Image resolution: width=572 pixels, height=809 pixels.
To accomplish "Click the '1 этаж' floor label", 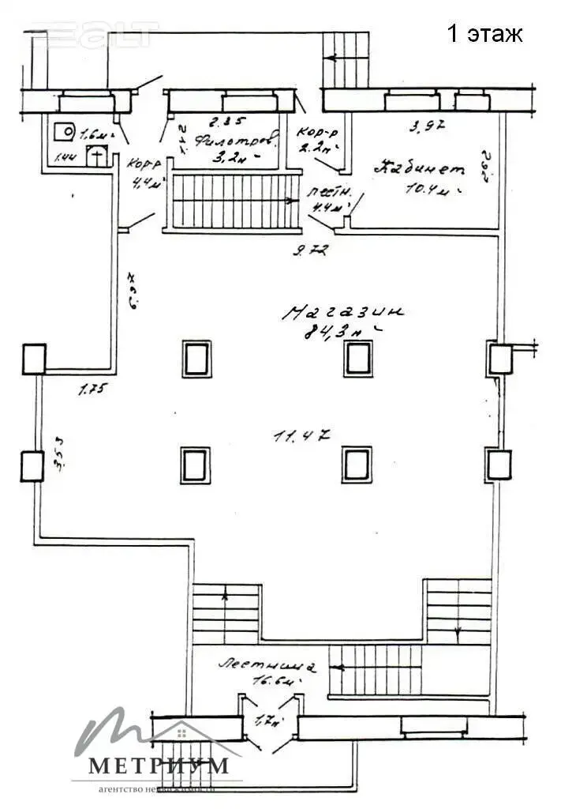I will point(484,34).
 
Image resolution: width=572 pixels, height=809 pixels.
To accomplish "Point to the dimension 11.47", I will point(301,435).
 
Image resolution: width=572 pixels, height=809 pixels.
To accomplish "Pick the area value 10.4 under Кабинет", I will point(431,190).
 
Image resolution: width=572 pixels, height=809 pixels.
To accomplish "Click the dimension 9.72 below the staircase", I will point(309,251).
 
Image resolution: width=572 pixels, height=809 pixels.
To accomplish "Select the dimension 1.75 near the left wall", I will point(92,388).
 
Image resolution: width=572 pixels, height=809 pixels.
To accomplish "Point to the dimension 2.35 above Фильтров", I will point(222,122).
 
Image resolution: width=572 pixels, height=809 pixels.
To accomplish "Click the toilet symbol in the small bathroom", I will point(96,155).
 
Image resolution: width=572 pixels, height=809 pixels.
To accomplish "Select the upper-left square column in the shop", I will point(196,359).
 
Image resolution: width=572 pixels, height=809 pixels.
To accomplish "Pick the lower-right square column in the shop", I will point(357,464).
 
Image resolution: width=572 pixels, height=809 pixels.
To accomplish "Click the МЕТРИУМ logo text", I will point(158,765).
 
